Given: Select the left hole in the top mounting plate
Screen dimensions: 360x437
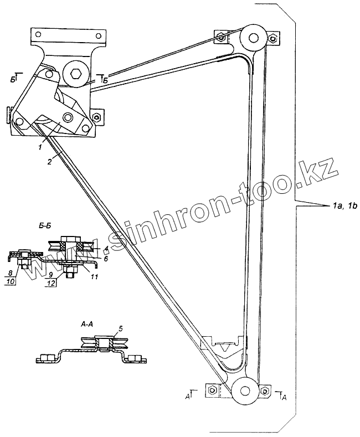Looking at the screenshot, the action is [x=39, y=33].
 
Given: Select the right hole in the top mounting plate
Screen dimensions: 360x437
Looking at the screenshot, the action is [x=101, y=33].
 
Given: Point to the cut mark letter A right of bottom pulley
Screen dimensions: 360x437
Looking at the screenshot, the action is [x=284, y=397].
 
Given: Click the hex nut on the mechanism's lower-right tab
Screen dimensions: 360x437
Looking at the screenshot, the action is [x=96, y=117].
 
